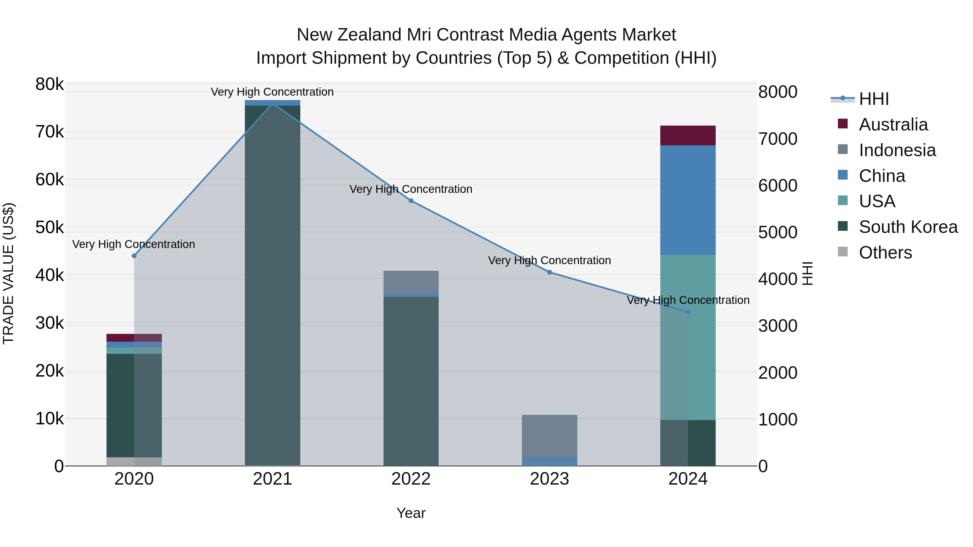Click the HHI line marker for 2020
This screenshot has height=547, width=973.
(134, 256)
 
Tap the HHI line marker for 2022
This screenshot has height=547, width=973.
(411, 201)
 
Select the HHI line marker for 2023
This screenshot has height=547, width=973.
(549, 272)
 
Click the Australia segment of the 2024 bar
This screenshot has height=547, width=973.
(688, 136)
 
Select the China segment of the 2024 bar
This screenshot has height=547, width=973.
(688, 200)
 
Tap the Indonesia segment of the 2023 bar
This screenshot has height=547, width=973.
(549, 436)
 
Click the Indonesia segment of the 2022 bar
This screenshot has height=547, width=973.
(411, 282)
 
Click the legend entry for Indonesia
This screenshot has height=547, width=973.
(897, 150)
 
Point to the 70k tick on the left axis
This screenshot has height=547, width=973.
(49, 132)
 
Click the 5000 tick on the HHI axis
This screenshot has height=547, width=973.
(778, 233)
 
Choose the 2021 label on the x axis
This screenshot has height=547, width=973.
(272, 479)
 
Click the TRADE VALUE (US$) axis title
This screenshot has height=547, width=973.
(8, 273)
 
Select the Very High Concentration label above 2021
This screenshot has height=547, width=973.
(272, 92)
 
